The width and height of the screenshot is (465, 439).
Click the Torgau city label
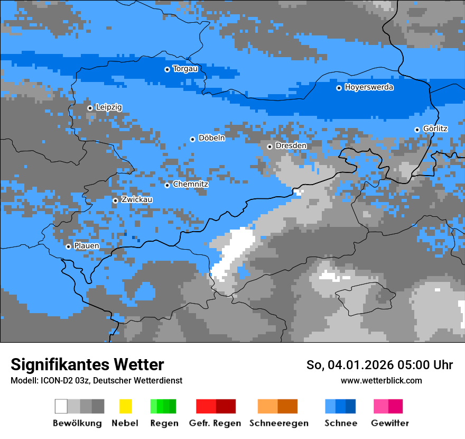pyautogui.click(x=185, y=69)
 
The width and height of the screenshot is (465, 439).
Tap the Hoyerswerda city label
pyautogui.click(x=369, y=87)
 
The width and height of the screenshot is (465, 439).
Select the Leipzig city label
pyautogui.click(x=109, y=107)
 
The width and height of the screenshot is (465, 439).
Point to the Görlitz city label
pyautogui.click(x=435, y=129)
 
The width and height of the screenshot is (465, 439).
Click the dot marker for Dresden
pyautogui.click(x=269, y=147)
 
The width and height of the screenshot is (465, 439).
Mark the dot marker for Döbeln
pyautogui.click(x=192, y=139)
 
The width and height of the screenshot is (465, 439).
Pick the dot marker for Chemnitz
pyautogui.click(x=167, y=185)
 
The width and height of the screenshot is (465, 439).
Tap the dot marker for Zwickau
pyautogui.click(x=115, y=200)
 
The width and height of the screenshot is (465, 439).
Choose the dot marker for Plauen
pyautogui.click(x=68, y=246)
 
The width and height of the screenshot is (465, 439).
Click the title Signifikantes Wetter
pyautogui.click(x=87, y=364)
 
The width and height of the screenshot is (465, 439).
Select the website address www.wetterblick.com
pyautogui.click(x=381, y=380)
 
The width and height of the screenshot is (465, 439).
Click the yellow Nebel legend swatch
pyautogui.click(x=125, y=406)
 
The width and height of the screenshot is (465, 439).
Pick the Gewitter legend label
pyautogui.click(x=389, y=423)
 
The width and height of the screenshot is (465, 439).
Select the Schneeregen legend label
pyautogui.click(x=278, y=423)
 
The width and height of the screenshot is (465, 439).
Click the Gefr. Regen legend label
pyautogui.click(x=215, y=423)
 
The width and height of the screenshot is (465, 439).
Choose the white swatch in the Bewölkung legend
pyautogui.click(x=61, y=406)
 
